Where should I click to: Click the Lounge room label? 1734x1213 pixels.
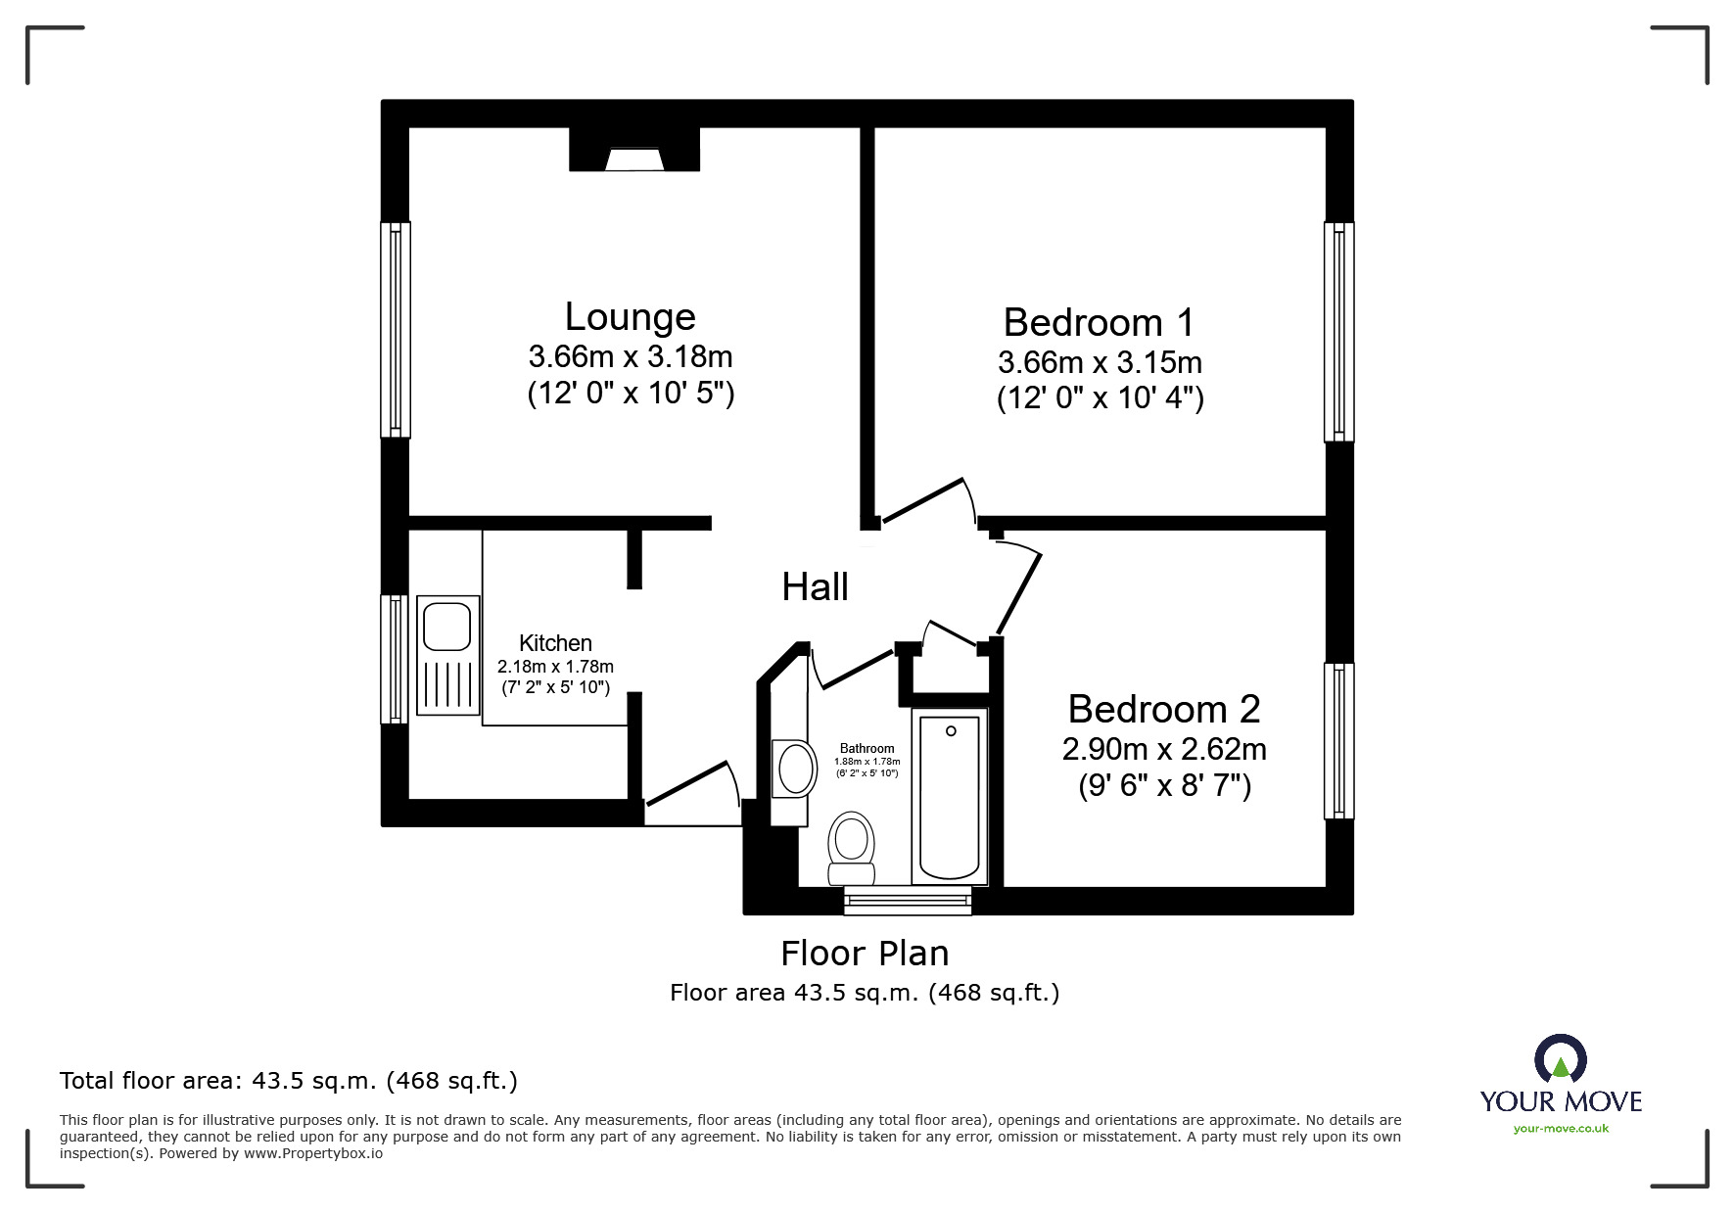(x=631, y=316)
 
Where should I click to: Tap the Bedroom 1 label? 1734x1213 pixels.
(x=1100, y=322)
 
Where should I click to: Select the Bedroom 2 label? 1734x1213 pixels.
(x=1164, y=709)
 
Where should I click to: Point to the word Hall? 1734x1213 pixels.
(x=815, y=587)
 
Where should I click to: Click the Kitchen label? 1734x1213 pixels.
(x=555, y=643)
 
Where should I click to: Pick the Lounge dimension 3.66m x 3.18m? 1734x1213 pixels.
(x=631, y=355)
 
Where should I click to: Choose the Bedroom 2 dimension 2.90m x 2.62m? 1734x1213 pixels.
(x=1164, y=750)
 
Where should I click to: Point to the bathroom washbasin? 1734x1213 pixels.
(x=795, y=768)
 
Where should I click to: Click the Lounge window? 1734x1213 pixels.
(x=396, y=329)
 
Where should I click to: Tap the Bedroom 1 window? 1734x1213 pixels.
(x=1339, y=331)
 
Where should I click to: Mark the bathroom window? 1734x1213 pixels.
(x=908, y=900)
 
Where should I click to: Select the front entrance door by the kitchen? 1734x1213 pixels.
(x=691, y=784)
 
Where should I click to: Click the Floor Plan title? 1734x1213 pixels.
(x=865, y=953)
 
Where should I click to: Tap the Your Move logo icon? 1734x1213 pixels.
(x=1560, y=1059)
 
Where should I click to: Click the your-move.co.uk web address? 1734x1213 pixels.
(x=1561, y=1129)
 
